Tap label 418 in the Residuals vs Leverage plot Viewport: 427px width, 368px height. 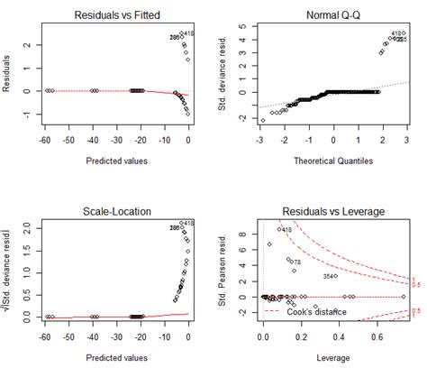pyautogui.click(x=286, y=230)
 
